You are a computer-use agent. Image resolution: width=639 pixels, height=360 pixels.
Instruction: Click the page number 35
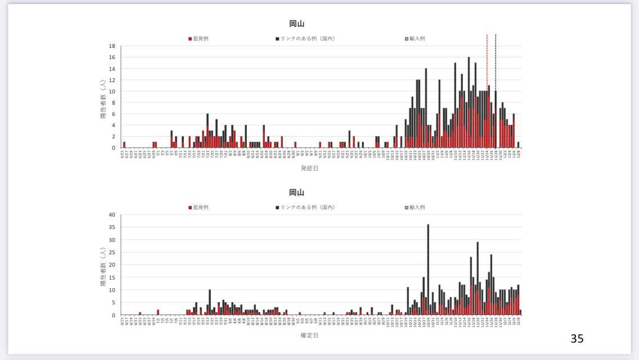tap(577, 338)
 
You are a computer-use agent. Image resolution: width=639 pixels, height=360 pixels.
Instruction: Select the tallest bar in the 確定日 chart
tap(428, 270)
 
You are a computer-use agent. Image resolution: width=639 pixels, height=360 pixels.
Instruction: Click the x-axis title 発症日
tap(309, 168)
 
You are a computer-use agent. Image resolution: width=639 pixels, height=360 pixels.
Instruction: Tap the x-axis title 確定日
tap(309, 335)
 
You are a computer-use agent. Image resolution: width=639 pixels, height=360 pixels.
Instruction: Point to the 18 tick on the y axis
tap(112, 46)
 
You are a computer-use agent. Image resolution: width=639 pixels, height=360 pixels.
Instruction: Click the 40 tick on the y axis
tap(112, 215)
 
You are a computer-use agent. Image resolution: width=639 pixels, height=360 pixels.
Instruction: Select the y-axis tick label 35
tap(112, 227)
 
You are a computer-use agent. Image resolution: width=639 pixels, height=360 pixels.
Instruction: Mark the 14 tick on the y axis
tap(112, 69)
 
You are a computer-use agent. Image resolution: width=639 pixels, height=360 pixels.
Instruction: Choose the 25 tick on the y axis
tap(112, 253)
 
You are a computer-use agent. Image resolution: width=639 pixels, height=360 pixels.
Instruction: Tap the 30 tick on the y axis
tap(112, 240)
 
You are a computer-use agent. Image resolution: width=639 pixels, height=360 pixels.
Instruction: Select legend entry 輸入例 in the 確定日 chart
tap(417, 207)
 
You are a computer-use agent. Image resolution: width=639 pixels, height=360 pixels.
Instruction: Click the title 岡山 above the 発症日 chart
tap(297, 23)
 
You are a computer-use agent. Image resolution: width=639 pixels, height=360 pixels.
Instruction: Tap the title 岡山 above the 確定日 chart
tap(297, 192)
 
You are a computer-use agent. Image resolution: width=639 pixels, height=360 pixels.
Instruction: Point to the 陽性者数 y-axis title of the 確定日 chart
tap(103, 265)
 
